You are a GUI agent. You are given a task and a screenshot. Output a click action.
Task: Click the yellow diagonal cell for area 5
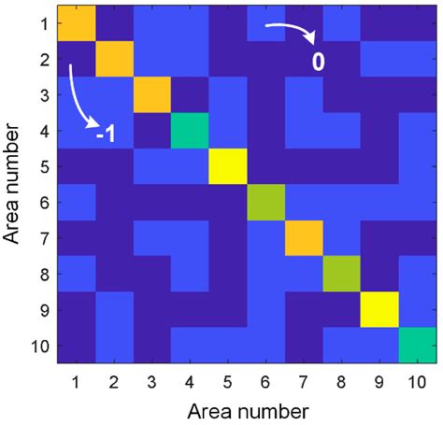(x=229, y=166)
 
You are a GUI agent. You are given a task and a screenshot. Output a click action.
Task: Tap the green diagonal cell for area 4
(x=191, y=131)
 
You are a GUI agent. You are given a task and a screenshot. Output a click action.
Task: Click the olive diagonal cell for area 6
(x=266, y=202)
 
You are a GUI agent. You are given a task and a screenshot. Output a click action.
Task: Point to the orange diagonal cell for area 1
(x=77, y=24)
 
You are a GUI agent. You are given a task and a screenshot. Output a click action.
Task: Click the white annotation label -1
(x=106, y=135)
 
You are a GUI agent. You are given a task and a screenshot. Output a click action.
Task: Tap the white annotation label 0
(x=317, y=64)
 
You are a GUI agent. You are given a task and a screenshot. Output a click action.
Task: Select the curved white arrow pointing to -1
(x=81, y=96)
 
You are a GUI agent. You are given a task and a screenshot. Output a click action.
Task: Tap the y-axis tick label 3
(x=43, y=95)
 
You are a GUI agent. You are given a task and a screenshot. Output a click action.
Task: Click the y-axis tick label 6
(x=43, y=202)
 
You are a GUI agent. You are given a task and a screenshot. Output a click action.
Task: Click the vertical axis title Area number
(x=13, y=184)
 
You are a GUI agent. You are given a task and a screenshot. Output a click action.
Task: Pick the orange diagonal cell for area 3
(x=152, y=95)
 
